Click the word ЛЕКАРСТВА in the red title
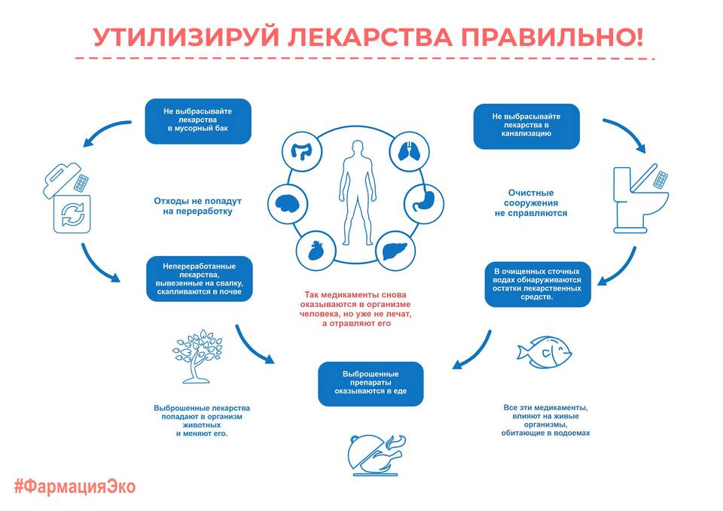point(370,36)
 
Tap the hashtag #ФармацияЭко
point(75,487)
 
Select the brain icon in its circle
point(288,204)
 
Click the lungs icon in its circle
point(409,151)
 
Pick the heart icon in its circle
point(316,251)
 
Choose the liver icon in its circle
point(395,251)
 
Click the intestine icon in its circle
point(302,151)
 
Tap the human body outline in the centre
point(357,193)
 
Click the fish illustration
point(544,352)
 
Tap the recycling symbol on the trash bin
point(72,214)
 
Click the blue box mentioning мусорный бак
point(198,121)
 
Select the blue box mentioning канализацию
point(526,126)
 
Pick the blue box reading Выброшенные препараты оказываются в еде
point(371,384)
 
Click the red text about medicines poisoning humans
point(355,309)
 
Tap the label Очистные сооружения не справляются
point(531,202)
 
